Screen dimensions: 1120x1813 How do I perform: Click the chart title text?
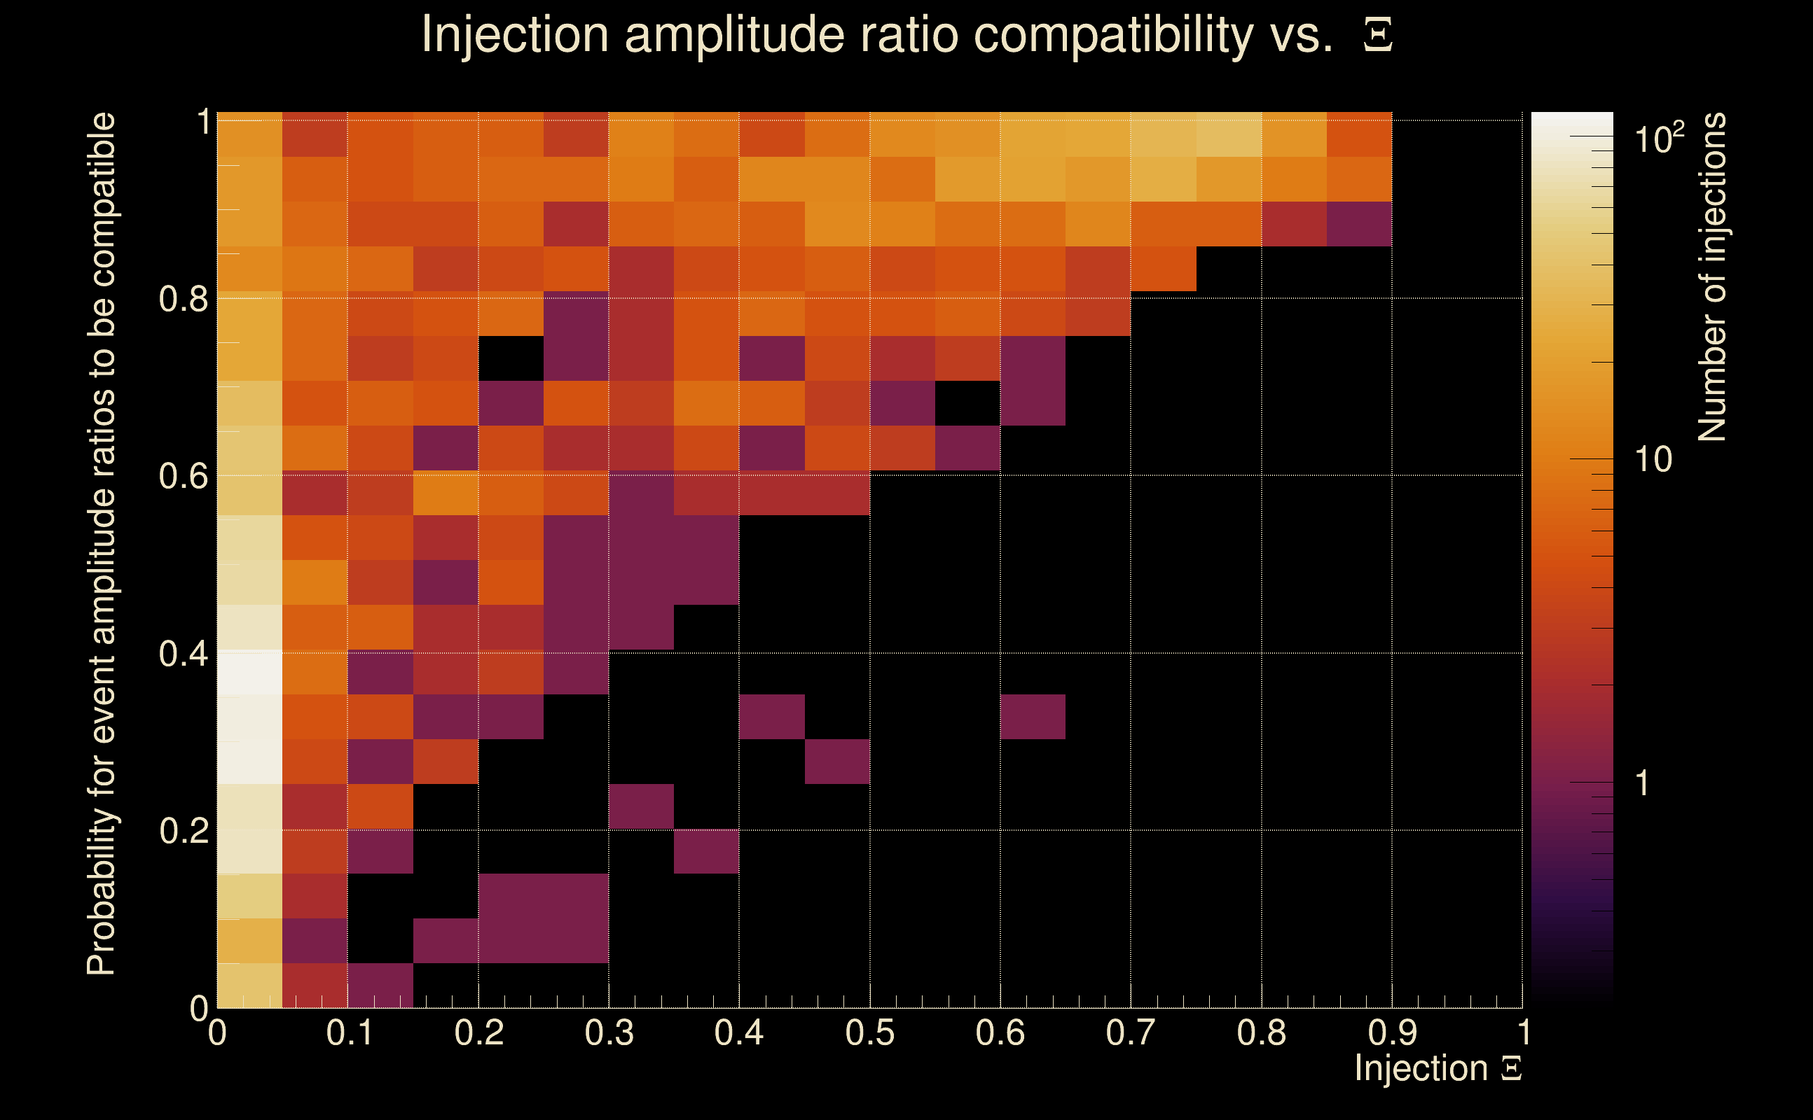tap(875, 35)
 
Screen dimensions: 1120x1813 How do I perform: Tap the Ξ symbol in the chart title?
tap(1377, 35)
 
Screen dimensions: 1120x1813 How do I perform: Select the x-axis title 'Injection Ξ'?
tap(1438, 1068)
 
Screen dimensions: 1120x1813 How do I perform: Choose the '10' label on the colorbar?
tap(1653, 460)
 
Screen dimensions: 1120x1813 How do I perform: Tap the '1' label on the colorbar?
tap(1643, 783)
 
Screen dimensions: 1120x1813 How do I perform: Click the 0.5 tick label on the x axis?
tap(869, 1033)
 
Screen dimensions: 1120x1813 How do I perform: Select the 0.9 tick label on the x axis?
tap(1392, 1033)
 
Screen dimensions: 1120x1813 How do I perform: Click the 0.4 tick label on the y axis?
tap(183, 654)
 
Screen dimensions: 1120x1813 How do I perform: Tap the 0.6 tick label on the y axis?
tap(183, 476)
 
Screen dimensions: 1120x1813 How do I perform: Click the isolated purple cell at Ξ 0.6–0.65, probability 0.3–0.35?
tap(1033, 716)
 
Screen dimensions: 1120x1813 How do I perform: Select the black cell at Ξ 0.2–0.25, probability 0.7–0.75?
tap(511, 358)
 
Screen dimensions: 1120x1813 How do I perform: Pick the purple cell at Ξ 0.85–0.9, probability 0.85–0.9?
tap(1358, 224)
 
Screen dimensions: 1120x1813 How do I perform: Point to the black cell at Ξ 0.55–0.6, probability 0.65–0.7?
tap(967, 403)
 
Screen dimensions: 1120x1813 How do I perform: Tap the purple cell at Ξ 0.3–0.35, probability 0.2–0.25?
tap(641, 806)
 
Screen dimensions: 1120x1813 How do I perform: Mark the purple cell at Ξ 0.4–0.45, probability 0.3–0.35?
tap(771, 716)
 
